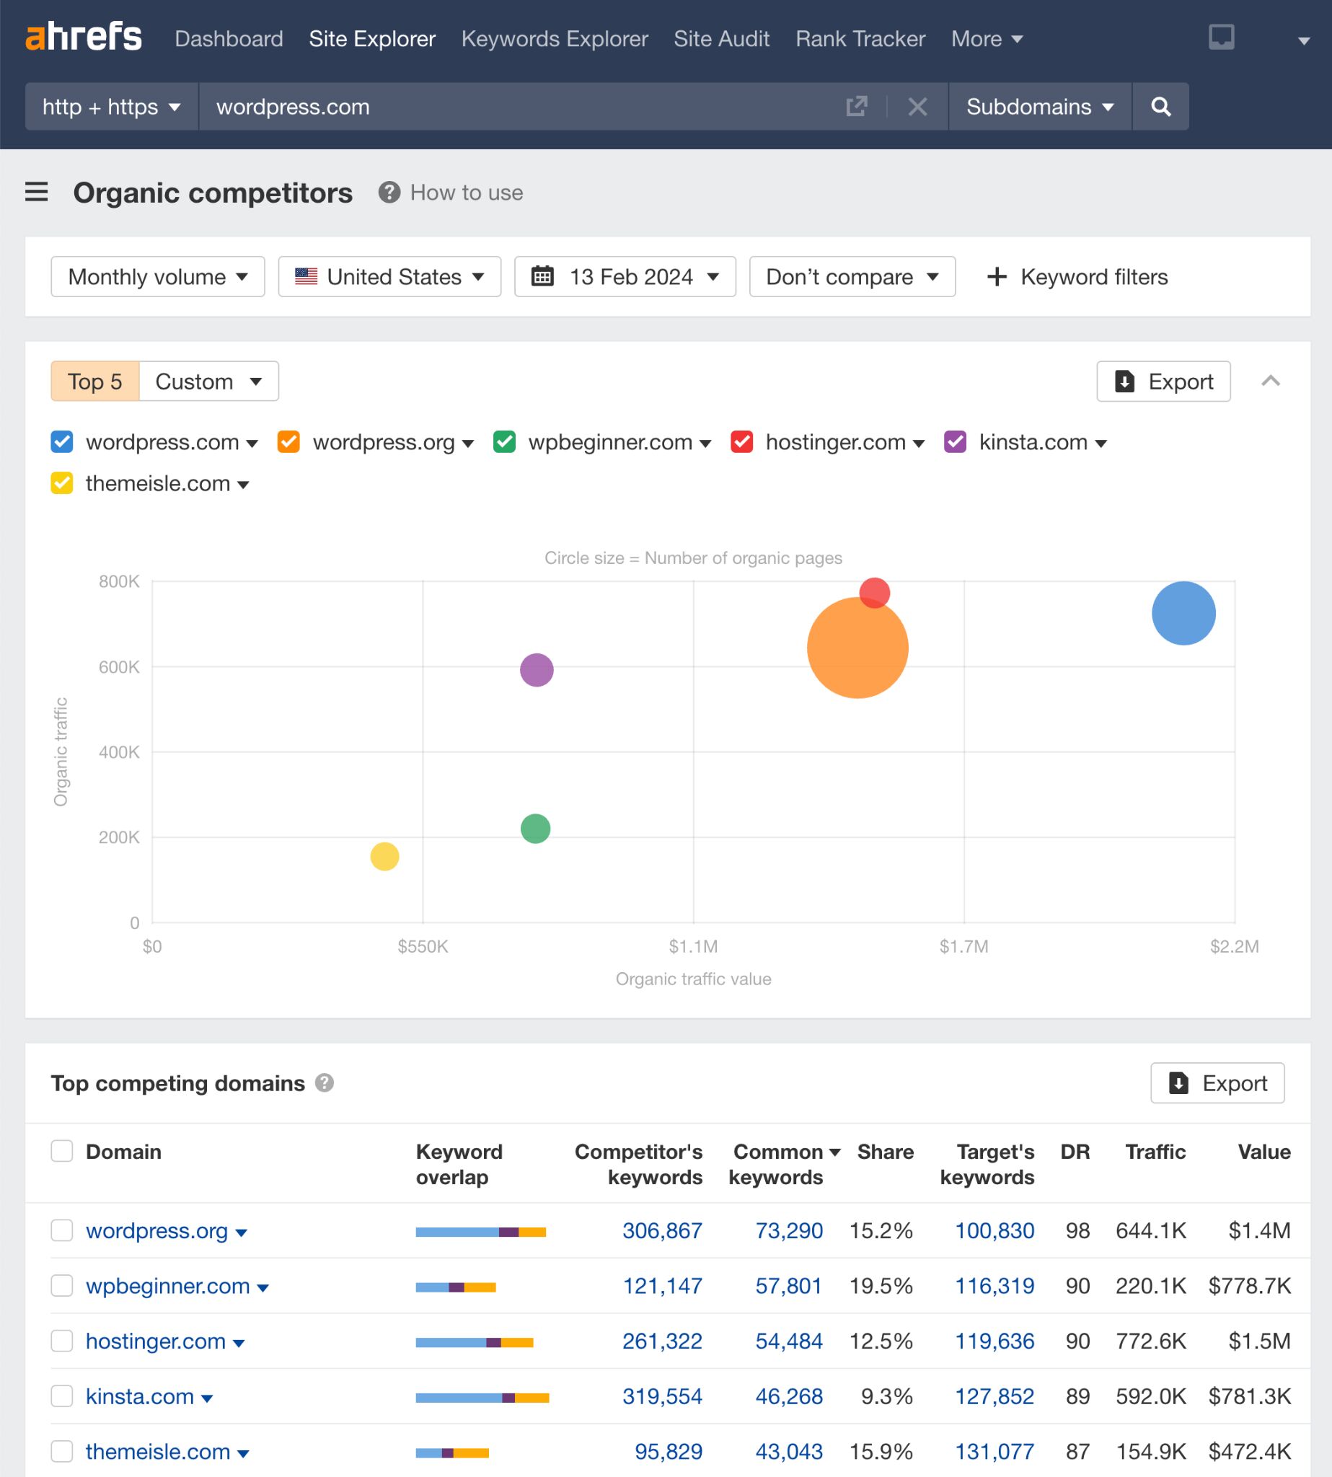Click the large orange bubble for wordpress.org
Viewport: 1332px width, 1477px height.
[857, 648]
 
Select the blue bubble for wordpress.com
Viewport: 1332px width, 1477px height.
[1183, 613]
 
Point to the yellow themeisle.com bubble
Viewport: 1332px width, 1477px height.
[384, 855]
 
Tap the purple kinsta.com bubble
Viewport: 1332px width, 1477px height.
[537, 670]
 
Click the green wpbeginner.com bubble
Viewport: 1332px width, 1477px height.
[535, 829]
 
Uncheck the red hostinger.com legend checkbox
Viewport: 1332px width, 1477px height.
[741, 442]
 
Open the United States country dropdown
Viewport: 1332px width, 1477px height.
[389, 277]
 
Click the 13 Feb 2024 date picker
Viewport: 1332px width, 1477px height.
[625, 277]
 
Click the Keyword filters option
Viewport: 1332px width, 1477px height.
[1077, 277]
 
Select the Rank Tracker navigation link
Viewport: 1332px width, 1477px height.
[860, 39]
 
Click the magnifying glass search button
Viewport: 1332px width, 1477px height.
[1160, 107]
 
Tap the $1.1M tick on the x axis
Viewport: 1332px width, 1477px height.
[693, 946]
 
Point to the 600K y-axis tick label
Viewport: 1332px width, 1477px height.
[118, 667]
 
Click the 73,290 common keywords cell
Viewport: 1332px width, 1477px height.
[788, 1230]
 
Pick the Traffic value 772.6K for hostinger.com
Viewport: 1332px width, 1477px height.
[1150, 1341]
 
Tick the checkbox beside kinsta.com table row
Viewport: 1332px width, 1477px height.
[62, 1396]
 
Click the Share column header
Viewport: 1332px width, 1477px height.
[885, 1152]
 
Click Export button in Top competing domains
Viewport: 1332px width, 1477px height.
[1217, 1083]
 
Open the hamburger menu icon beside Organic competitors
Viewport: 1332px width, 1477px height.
[37, 193]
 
